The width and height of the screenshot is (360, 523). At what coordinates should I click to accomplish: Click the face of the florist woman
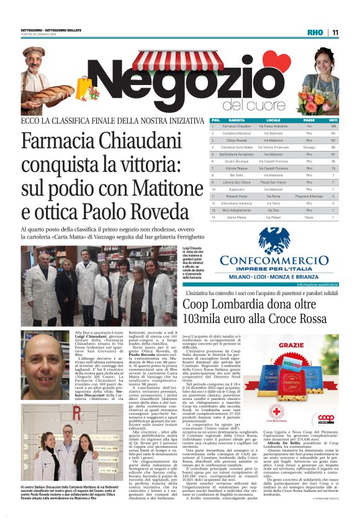pyautogui.click(x=325, y=60)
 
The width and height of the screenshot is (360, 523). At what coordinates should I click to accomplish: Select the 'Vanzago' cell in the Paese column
pyautogui.click(x=308, y=147)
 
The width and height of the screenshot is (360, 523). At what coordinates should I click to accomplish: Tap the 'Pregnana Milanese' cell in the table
pyautogui.click(x=308, y=196)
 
